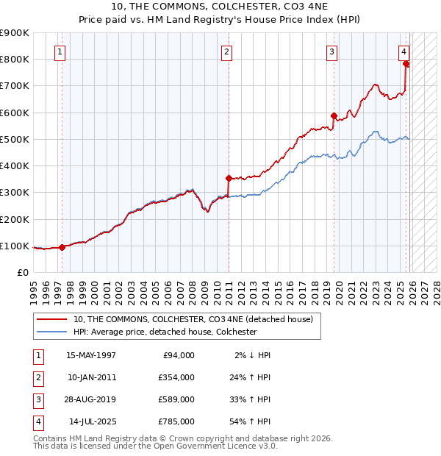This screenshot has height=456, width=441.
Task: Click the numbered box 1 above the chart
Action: pos(59,51)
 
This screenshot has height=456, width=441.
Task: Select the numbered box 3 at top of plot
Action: pos(332,51)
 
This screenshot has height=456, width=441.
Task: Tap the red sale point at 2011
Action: pos(229,177)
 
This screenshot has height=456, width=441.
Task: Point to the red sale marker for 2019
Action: pos(334,115)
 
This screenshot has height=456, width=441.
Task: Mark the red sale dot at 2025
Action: pos(406,63)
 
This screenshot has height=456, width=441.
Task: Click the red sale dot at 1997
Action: pos(62,247)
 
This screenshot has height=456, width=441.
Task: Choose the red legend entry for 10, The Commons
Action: pos(193,319)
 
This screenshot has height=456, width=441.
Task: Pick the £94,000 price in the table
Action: pos(177,355)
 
